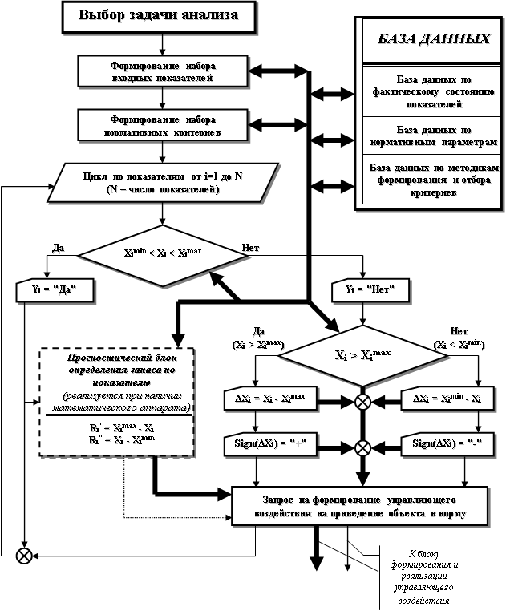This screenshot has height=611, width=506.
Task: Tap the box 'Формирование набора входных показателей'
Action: (x=162, y=71)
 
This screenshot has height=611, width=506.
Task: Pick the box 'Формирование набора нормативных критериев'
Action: (x=162, y=123)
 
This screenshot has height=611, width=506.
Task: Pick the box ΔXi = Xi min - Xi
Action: (x=442, y=399)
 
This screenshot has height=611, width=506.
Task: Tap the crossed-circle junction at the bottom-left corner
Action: (x=26, y=553)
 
